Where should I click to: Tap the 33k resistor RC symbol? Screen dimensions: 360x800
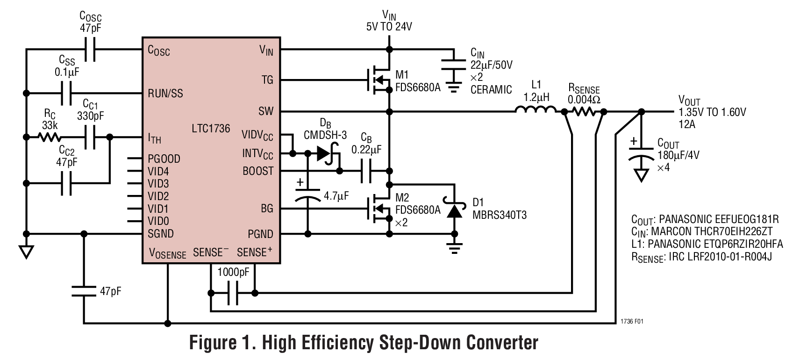(x=49, y=137)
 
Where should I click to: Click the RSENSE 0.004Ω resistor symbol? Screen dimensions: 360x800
(x=584, y=111)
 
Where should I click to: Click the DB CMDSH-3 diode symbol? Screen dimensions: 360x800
(x=325, y=153)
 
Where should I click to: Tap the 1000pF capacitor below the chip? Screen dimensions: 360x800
(x=233, y=294)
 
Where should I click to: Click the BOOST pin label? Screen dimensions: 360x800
(x=258, y=171)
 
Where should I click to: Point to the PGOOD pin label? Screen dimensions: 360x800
(x=164, y=159)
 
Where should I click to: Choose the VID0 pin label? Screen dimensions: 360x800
(x=158, y=221)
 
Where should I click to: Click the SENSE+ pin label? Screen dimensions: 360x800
(x=254, y=252)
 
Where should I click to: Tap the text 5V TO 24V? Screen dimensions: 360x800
(x=389, y=27)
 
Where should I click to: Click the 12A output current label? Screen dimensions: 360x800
(x=686, y=124)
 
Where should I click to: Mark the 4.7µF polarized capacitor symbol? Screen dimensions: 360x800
(x=307, y=195)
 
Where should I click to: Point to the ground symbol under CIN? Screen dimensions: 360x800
(x=452, y=86)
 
